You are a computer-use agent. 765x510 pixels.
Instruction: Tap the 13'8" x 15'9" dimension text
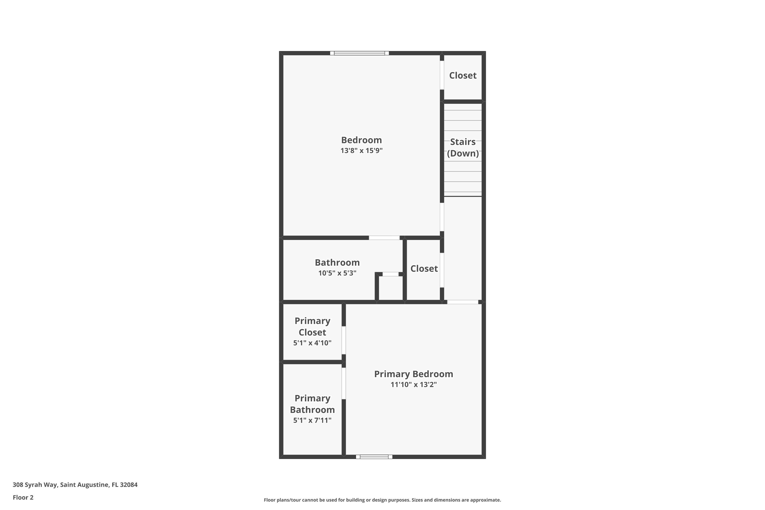[361, 151]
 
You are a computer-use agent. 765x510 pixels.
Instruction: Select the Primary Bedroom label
[413, 374]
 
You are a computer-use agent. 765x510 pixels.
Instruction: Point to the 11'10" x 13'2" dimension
[413, 385]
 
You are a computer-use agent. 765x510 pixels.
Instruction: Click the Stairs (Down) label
[463, 147]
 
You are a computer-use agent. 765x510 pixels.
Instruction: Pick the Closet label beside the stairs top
[463, 75]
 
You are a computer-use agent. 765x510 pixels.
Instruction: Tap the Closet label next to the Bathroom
[424, 269]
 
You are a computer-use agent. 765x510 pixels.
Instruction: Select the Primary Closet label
[312, 327]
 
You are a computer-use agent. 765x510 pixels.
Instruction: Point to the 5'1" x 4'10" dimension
[312, 343]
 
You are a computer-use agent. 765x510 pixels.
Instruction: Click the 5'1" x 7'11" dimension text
[312, 420]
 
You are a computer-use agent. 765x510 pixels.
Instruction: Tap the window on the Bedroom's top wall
[359, 53]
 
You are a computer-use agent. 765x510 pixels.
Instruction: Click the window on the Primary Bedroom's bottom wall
[374, 457]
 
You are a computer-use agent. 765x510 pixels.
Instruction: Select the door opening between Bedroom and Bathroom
[384, 238]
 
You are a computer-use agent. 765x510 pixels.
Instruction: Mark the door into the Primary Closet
[343, 340]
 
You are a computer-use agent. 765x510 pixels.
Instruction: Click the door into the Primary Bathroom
[343, 384]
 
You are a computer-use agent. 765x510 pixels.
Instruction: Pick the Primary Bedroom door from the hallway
[463, 302]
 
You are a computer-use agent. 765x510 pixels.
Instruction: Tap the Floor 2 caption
[23, 497]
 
